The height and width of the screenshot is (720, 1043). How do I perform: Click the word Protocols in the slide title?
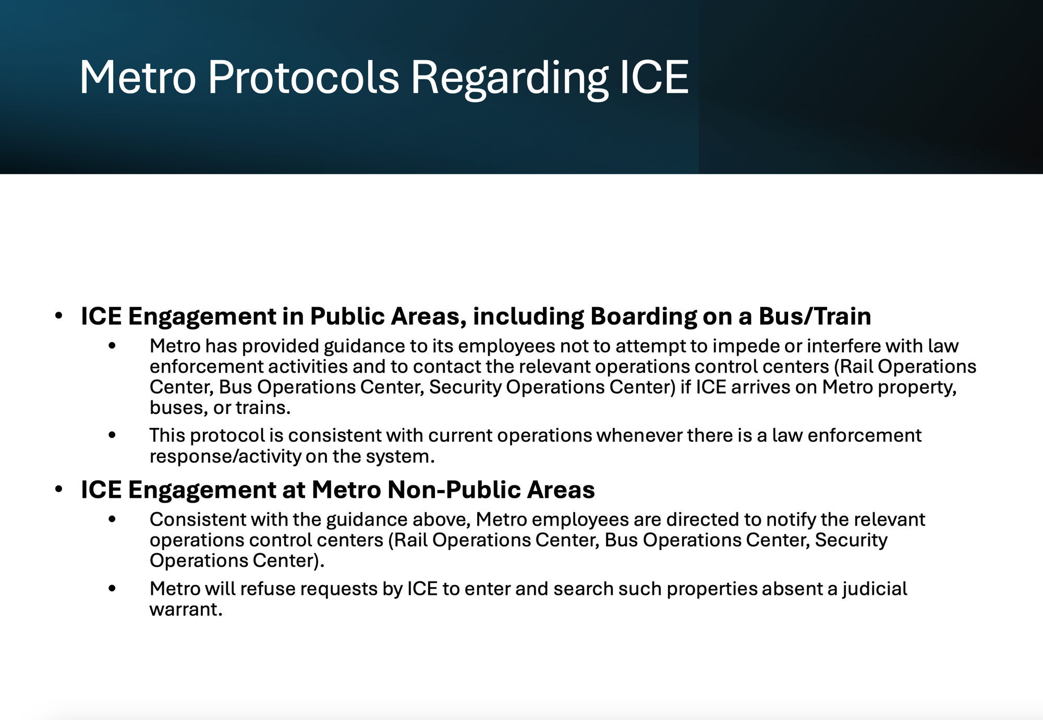[x=304, y=78]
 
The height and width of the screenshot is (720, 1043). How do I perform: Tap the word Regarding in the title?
[x=510, y=78]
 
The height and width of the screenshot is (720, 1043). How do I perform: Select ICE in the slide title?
[x=654, y=78]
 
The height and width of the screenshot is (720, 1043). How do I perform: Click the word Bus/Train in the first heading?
[x=815, y=316]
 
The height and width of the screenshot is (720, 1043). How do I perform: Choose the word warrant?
[x=186, y=609]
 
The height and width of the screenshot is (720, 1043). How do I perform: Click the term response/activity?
[x=225, y=457]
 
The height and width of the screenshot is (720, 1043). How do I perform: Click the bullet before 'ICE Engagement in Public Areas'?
[x=59, y=316]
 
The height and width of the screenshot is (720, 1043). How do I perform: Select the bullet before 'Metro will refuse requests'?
[x=112, y=589]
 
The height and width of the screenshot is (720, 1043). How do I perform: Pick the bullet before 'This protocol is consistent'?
[x=112, y=435]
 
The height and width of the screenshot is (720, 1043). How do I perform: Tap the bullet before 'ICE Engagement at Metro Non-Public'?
[x=59, y=490]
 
